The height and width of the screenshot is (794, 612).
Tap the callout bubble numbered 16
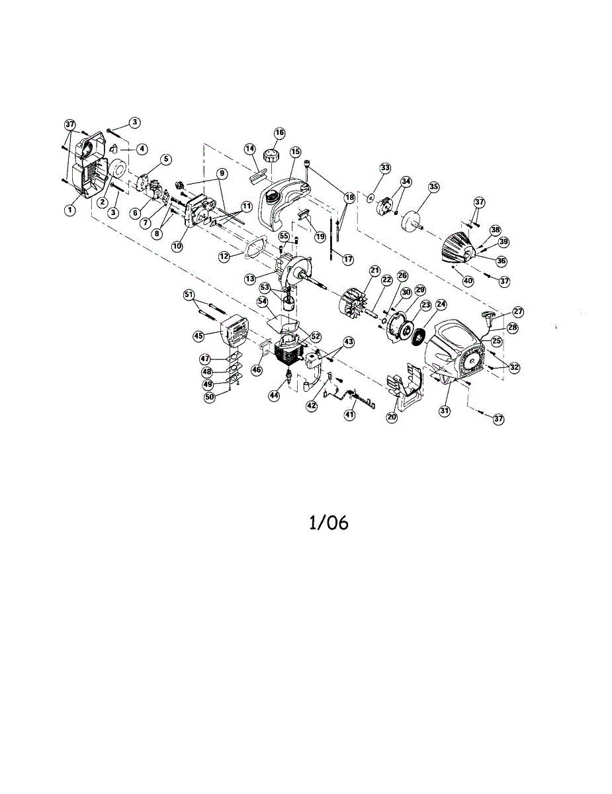pos(279,133)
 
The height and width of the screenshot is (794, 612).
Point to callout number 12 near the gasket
pos(225,255)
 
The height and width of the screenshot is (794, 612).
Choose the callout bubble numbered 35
pos(433,187)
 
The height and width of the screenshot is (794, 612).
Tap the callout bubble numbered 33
pos(385,167)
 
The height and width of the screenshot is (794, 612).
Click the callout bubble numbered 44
pos(274,394)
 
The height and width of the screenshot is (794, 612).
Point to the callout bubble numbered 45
pos(198,336)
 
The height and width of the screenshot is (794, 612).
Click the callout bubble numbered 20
pos(392,418)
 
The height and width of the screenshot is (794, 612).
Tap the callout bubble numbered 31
pos(445,410)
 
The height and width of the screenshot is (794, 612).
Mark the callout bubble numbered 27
pos(517,311)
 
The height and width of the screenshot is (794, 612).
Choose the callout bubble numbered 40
pos(468,281)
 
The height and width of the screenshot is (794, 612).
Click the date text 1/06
pos(329,523)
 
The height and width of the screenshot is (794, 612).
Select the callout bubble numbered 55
pos(283,236)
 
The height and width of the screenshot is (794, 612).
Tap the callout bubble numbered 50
pos(209,397)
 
